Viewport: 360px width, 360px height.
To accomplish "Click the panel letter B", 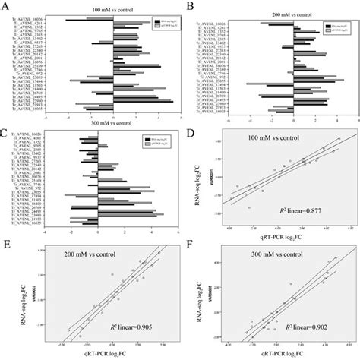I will click(x=188, y=5).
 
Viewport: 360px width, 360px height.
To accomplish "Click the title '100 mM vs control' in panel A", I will click(x=112, y=9).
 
